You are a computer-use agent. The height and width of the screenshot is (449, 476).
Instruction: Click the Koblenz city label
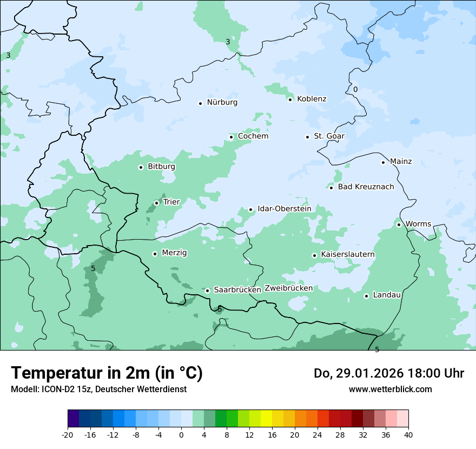312,99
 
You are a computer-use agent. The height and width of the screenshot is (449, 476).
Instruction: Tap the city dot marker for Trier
156,203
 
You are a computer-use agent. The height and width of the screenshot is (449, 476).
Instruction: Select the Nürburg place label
222,102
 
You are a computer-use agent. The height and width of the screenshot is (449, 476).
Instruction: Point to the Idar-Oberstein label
284,209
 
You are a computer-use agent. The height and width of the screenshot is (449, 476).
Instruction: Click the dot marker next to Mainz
383,162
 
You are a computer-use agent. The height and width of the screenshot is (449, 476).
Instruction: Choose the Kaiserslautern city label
347,254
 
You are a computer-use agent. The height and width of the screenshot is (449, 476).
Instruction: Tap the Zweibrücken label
288,288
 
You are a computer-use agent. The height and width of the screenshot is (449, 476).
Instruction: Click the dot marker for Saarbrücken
207,290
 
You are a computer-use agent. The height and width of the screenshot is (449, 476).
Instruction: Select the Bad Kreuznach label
366,187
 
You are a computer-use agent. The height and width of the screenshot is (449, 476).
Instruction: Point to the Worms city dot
399,225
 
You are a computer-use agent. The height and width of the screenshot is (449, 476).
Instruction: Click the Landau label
387,295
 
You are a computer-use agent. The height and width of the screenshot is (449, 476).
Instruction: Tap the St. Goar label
329,136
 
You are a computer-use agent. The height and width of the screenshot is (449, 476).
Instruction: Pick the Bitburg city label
161,167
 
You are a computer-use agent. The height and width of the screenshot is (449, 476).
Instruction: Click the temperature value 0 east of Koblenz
355,90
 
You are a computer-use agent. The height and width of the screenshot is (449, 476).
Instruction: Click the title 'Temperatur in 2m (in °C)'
107,373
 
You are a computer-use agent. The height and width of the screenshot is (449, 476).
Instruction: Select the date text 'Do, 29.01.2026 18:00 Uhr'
388,373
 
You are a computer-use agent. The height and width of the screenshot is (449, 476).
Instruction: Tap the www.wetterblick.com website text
390,389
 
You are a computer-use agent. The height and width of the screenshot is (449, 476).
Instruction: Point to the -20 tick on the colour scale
68,434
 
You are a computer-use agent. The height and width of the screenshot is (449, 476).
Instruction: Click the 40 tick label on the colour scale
408,434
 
